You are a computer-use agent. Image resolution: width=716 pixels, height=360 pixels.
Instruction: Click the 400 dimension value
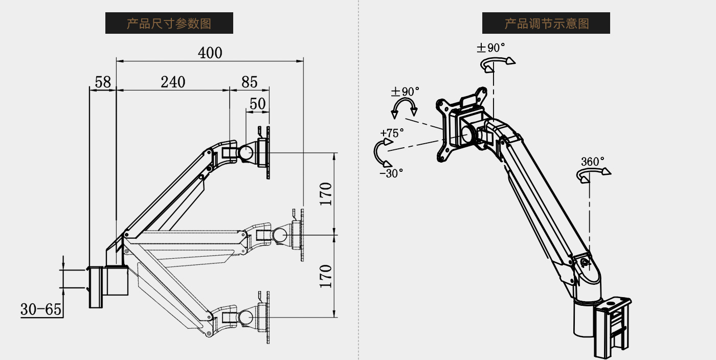tap(210, 53)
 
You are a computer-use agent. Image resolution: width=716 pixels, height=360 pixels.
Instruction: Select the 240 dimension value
tap(173, 82)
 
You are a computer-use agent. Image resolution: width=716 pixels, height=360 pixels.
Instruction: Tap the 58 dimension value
tap(103, 82)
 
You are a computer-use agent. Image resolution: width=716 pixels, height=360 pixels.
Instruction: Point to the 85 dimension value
tap(249, 82)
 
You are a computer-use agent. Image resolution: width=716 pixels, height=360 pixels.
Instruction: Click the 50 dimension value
tap(257, 104)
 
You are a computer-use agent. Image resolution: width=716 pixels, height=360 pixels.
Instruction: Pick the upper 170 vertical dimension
tap(326, 194)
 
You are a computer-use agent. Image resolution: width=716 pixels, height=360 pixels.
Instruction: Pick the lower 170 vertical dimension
tap(326, 276)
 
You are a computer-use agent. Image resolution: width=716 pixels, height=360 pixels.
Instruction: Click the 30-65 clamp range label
tap(41, 309)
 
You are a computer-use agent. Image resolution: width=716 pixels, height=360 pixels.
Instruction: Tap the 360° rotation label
tap(593, 162)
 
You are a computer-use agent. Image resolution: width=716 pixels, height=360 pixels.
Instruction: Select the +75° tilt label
tap(392, 133)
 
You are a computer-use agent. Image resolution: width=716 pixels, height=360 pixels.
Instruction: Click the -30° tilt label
tap(391, 173)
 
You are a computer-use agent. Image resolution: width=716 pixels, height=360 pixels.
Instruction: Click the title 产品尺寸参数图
tap(169, 23)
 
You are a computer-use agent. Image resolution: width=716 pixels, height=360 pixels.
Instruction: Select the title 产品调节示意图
tap(546, 23)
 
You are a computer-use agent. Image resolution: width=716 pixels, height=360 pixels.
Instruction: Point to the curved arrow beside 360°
tap(593, 174)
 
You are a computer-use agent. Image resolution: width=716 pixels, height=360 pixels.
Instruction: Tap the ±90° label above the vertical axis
tap(491, 48)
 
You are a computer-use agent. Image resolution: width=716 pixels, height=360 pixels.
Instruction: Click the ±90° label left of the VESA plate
tap(405, 92)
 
